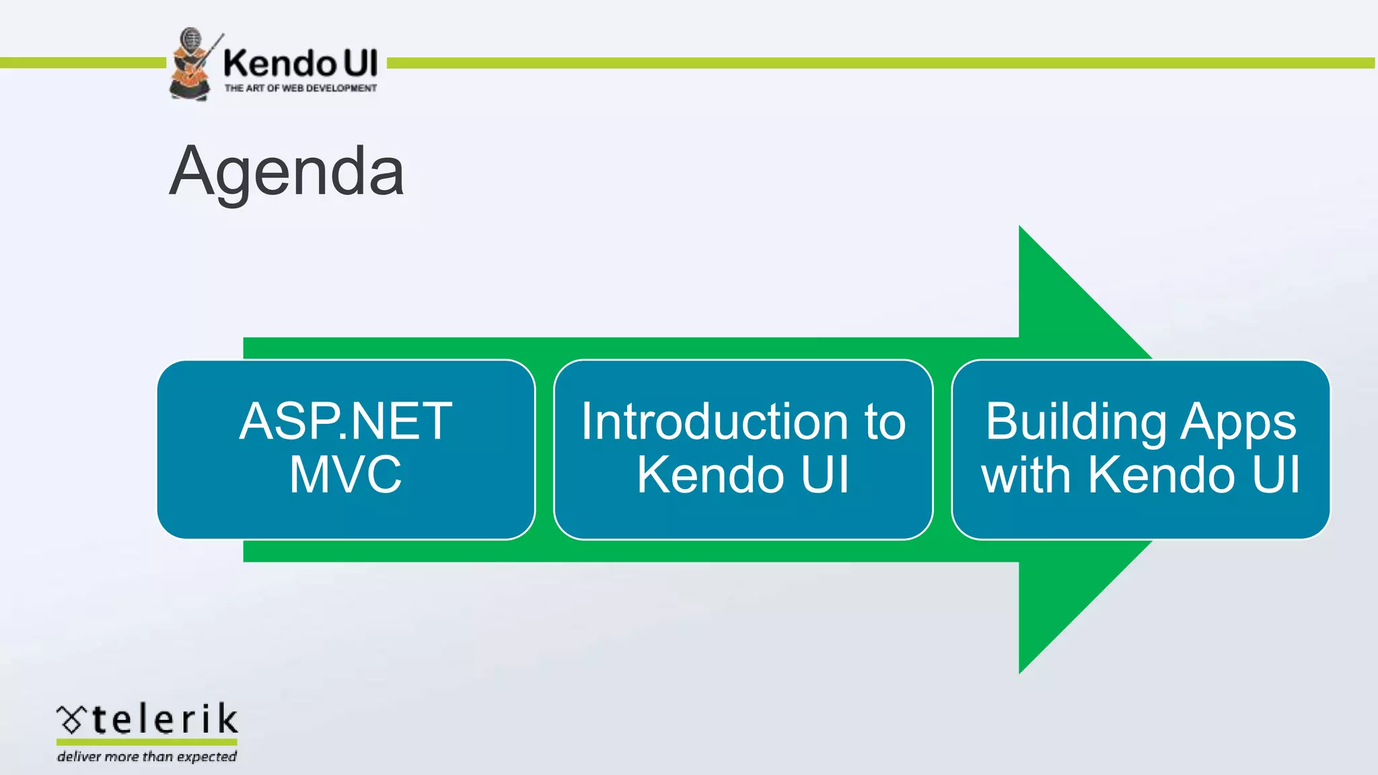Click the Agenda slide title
tap(287, 172)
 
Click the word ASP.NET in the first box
tap(346, 422)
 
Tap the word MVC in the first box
tap(346, 475)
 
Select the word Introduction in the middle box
tap(714, 422)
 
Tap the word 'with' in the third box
tap(1025, 475)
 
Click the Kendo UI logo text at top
tap(300, 63)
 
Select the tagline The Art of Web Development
tap(300, 88)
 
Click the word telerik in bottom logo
tap(165, 719)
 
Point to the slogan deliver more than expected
tap(147, 757)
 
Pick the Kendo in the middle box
tap(711, 475)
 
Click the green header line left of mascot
tap(81, 63)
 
